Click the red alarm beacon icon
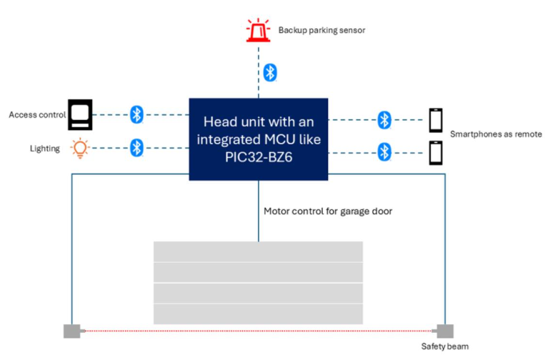click(258, 30)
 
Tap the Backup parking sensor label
click(322, 30)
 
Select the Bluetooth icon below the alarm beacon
click(270, 73)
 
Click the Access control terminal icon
click(80, 114)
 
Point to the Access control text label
click(37, 114)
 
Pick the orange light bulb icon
click(80, 148)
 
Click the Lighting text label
click(45, 149)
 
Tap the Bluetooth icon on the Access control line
click(136, 114)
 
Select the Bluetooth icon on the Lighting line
click(136, 148)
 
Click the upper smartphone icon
click(436, 120)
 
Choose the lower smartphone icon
click(436, 153)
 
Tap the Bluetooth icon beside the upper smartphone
click(384, 120)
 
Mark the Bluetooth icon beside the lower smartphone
click(384, 152)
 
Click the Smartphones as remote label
click(496, 134)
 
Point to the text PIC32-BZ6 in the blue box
click(259, 157)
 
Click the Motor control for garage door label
click(328, 211)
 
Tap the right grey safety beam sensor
click(443, 331)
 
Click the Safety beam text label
click(444, 346)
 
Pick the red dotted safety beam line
click(259, 331)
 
